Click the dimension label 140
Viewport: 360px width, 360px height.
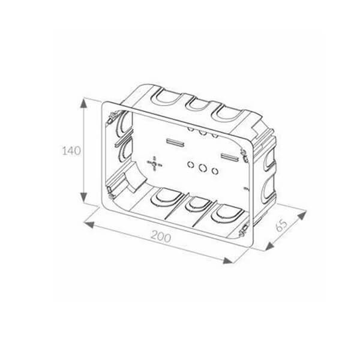click(x=71, y=151)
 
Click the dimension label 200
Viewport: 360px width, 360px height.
click(x=161, y=236)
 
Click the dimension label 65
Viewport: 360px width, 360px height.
click(x=281, y=226)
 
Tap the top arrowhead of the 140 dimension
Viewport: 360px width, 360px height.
click(x=83, y=104)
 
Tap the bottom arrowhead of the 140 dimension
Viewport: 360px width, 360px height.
click(x=83, y=197)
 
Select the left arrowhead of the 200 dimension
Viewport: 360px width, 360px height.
click(x=89, y=224)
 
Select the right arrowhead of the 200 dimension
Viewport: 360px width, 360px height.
click(x=228, y=260)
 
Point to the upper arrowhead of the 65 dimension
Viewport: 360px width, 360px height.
click(x=302, y=215)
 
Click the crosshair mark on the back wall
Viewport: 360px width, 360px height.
click(x=154, y=163)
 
